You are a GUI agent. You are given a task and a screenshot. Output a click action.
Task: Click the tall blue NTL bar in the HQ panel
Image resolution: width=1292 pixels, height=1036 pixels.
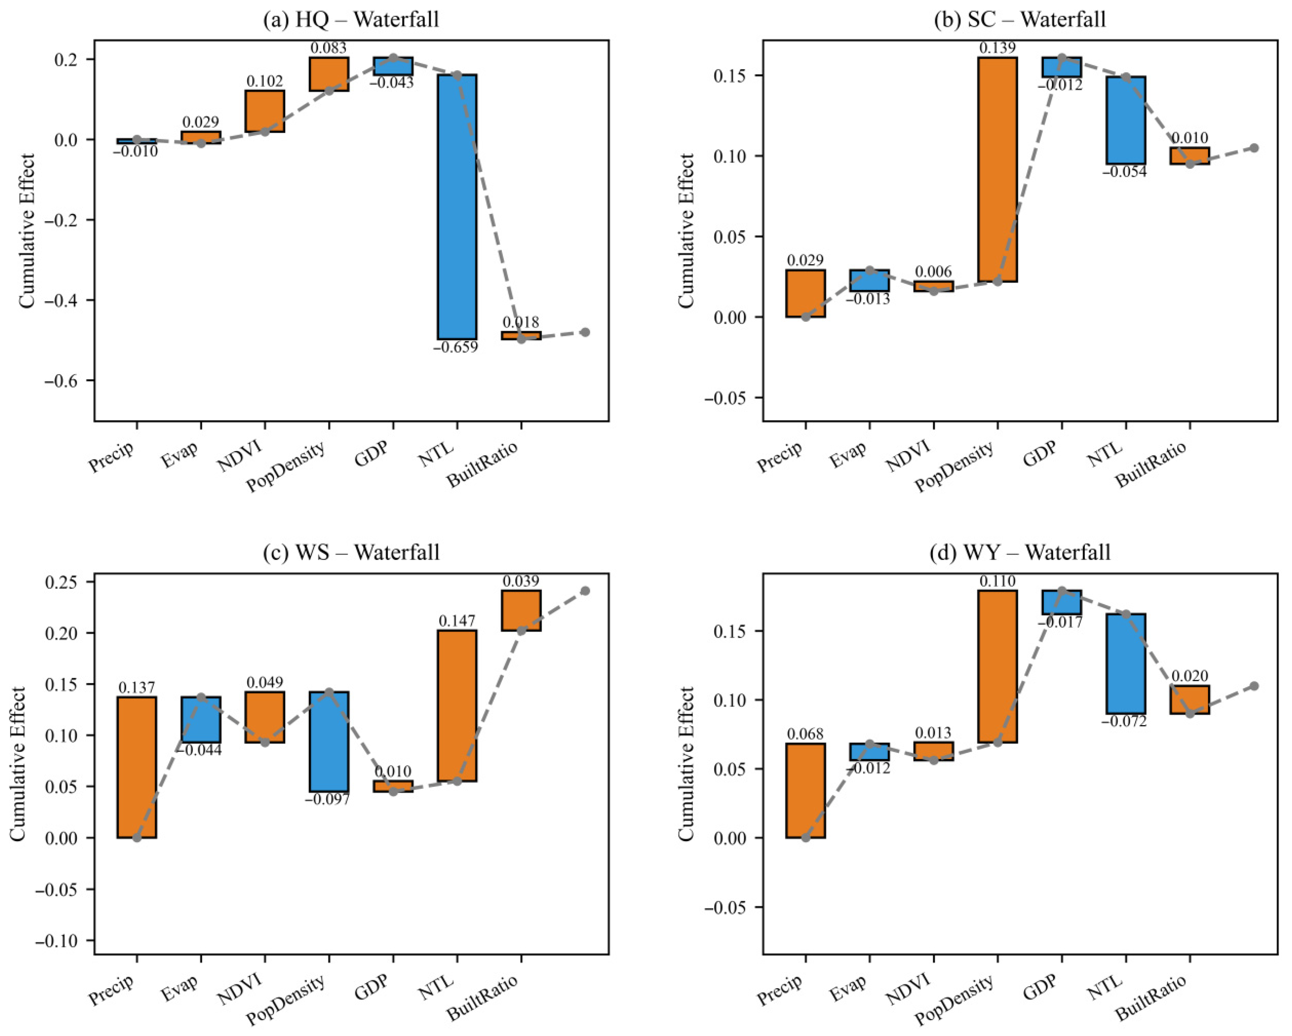457,207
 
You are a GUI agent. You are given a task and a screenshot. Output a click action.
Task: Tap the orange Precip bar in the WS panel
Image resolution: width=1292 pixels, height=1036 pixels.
137,767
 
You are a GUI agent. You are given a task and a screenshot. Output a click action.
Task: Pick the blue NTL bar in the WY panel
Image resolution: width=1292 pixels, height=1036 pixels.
1126,663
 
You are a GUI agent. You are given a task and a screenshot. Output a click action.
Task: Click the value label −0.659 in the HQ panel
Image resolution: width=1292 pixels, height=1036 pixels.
455,347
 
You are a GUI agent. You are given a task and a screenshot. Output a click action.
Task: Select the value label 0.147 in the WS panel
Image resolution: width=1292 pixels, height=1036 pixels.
457,621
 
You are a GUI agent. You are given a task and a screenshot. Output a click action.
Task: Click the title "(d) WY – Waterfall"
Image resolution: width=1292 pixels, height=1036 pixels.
1020,552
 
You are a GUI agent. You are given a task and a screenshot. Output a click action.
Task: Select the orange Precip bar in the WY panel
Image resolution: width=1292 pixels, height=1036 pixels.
805,790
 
